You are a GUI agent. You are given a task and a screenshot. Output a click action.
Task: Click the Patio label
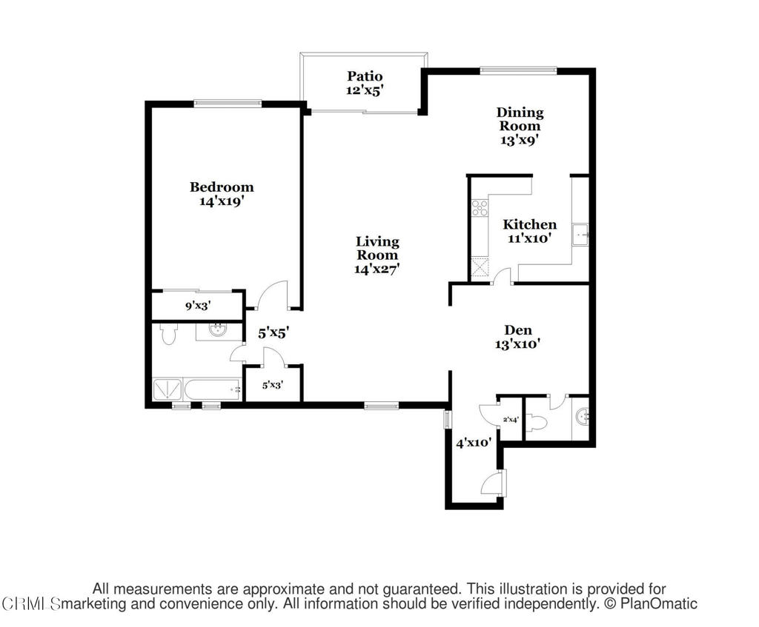[365, 76]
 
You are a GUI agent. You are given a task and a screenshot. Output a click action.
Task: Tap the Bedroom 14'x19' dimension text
[221, 201]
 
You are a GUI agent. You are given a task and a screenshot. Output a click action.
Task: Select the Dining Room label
[520, 119]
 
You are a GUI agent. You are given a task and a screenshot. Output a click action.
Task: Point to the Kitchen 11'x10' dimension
[529, 238]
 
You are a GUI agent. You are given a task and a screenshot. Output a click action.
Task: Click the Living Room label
[377, 248]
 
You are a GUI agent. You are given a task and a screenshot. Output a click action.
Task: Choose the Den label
[518, 330]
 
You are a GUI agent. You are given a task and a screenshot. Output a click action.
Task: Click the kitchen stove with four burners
[480, 207]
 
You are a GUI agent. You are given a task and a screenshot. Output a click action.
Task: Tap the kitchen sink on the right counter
[580, 235]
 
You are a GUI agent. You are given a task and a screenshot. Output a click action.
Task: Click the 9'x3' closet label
[198, 306]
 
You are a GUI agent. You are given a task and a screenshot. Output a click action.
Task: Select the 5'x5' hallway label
[274, 333]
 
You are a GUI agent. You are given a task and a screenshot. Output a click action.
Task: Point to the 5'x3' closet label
[273, 385]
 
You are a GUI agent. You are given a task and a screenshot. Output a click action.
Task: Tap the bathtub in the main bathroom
[213, 389]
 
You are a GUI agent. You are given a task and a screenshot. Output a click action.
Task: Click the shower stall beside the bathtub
[168, 389]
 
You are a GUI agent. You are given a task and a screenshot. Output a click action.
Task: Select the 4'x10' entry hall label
[474, 443]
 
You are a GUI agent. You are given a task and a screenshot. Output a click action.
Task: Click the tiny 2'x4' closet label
[511, 420]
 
